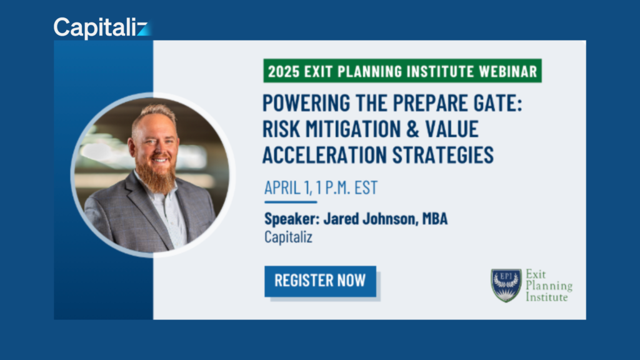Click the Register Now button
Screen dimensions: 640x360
coord(321,281)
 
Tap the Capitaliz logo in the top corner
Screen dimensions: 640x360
coord(102,27)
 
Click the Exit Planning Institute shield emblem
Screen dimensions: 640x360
coord(506,285)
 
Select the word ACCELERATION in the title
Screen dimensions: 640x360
coord(324,155)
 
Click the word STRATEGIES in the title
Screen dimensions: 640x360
coord(443,155)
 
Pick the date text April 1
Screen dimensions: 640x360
coord(288,187)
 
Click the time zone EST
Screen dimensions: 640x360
coord(366,187)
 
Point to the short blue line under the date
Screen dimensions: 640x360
coord(291,202)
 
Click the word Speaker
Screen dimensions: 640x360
coord(292,219)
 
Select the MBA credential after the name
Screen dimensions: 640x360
coord(435,219)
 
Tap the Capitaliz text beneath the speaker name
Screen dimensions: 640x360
coord(288,237)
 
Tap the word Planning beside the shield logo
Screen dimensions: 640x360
coord(549,286)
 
